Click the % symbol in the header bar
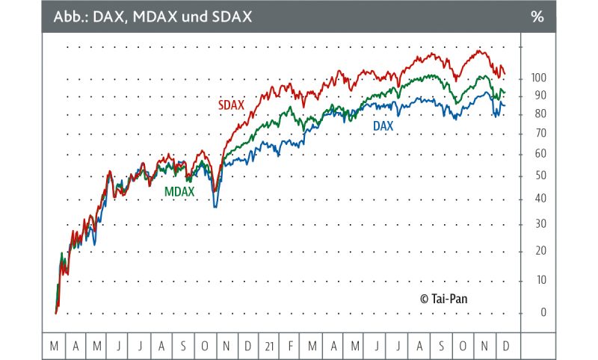pos(537,16)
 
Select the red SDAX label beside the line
pos(232,105)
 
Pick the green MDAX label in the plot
pos(179,192)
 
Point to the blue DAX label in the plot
pos(383,127)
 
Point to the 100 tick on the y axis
pos(538,78)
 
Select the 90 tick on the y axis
pos(538,96)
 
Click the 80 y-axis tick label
pos(538,114)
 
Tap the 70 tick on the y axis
pos(538,134)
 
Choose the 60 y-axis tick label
pos(538,154)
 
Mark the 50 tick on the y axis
pos(538,176)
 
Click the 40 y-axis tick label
pos(538,199)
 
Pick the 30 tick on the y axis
pos(538,224)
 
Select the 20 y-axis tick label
pos(538,251)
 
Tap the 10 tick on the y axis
pos(538,280)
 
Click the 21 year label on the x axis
pos(270,347)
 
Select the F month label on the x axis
pos(291,347)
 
